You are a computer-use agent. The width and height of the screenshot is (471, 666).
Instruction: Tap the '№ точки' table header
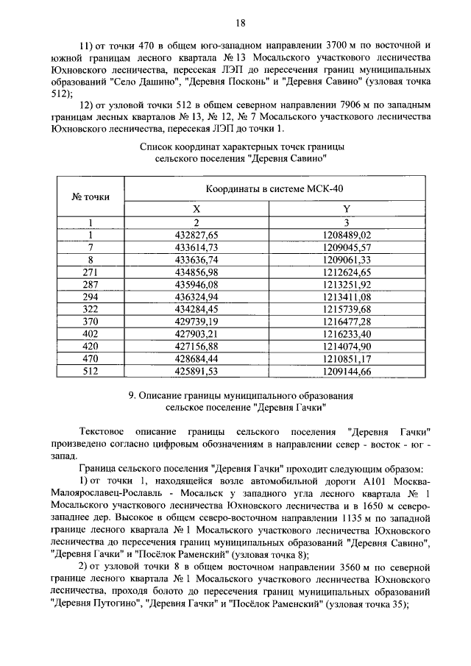point(91,196)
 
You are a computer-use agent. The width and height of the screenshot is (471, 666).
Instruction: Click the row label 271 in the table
point(91,272)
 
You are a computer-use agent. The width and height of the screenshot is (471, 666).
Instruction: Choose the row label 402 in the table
point(91,333)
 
